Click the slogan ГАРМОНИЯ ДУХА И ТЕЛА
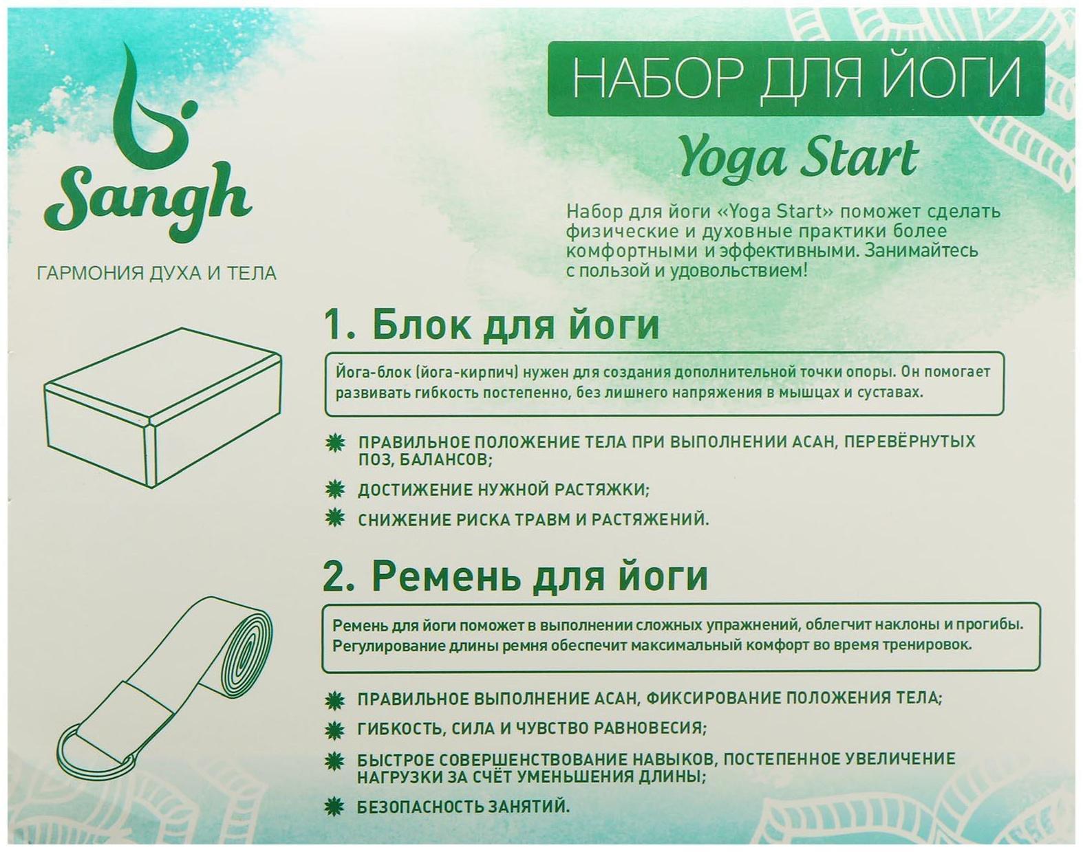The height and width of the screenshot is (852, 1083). [x=157, y=273]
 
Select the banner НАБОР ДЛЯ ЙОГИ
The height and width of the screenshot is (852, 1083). [x=796, y=78]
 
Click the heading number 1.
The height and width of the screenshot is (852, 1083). [x=334, y=326]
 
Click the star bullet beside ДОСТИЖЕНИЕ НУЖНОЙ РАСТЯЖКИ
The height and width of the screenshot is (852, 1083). [x=335, y=490]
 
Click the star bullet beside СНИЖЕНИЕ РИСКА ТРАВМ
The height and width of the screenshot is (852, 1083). [x=335, y=518]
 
